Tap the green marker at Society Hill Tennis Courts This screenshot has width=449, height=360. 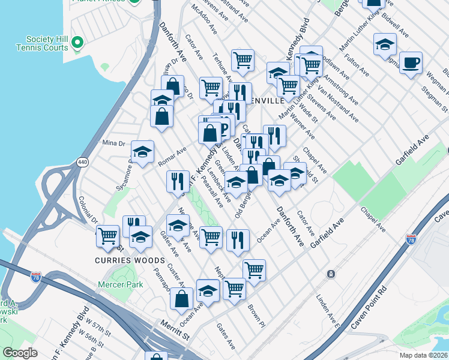[77, 43]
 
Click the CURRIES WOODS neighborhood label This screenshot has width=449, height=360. [130, 260]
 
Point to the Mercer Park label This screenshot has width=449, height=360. [121, 284]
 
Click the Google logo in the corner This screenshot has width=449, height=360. [20, 353]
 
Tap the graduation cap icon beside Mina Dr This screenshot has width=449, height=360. [143, 152]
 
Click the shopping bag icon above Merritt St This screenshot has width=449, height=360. [181, 298]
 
